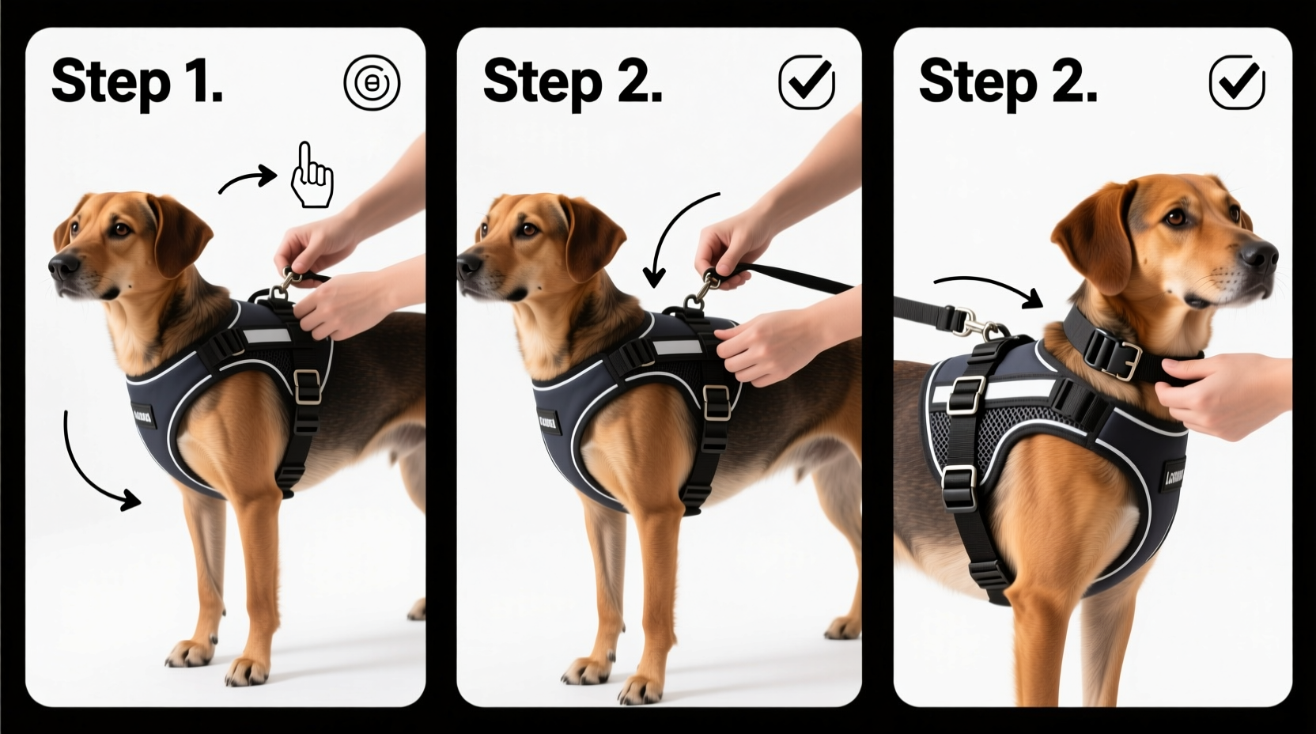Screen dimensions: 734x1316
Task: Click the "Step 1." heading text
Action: click(x=136, y=81)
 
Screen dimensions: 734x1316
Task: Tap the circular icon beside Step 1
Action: click(x=372, y=82)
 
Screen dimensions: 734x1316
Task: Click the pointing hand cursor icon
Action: click(x=312, y=176)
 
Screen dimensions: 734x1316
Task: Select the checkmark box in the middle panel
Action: click(x=806, y=81)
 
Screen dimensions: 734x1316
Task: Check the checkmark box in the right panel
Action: click(x=1237, y=81)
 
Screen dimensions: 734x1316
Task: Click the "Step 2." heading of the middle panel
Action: click(x=572, y=81)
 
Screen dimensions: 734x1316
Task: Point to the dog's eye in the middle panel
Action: click(x=528, y=230)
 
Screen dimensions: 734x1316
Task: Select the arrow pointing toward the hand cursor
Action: click(x=247, y=180)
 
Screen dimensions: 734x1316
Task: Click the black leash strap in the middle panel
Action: click(x=799, y=278)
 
